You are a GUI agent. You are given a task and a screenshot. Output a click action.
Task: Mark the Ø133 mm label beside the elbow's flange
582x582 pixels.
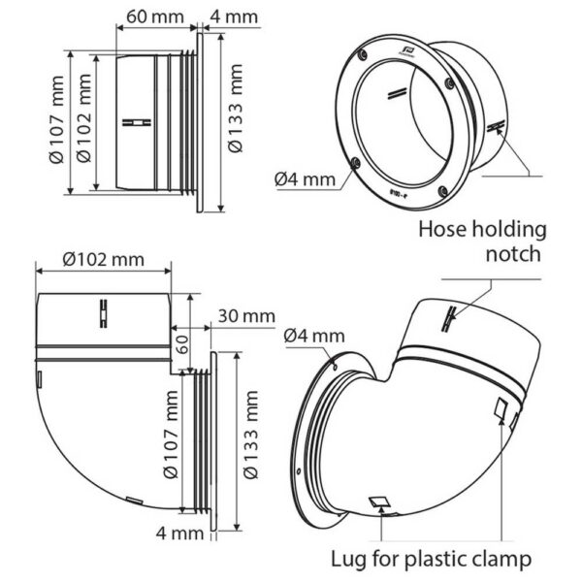pos(254,441)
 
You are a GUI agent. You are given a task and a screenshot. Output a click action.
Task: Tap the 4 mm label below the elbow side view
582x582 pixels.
pos(179,533)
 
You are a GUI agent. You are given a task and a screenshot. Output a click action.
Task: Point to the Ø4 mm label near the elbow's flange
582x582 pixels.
pos(316,336)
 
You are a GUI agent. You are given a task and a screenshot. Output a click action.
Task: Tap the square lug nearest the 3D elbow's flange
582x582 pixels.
pos(380,502)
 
